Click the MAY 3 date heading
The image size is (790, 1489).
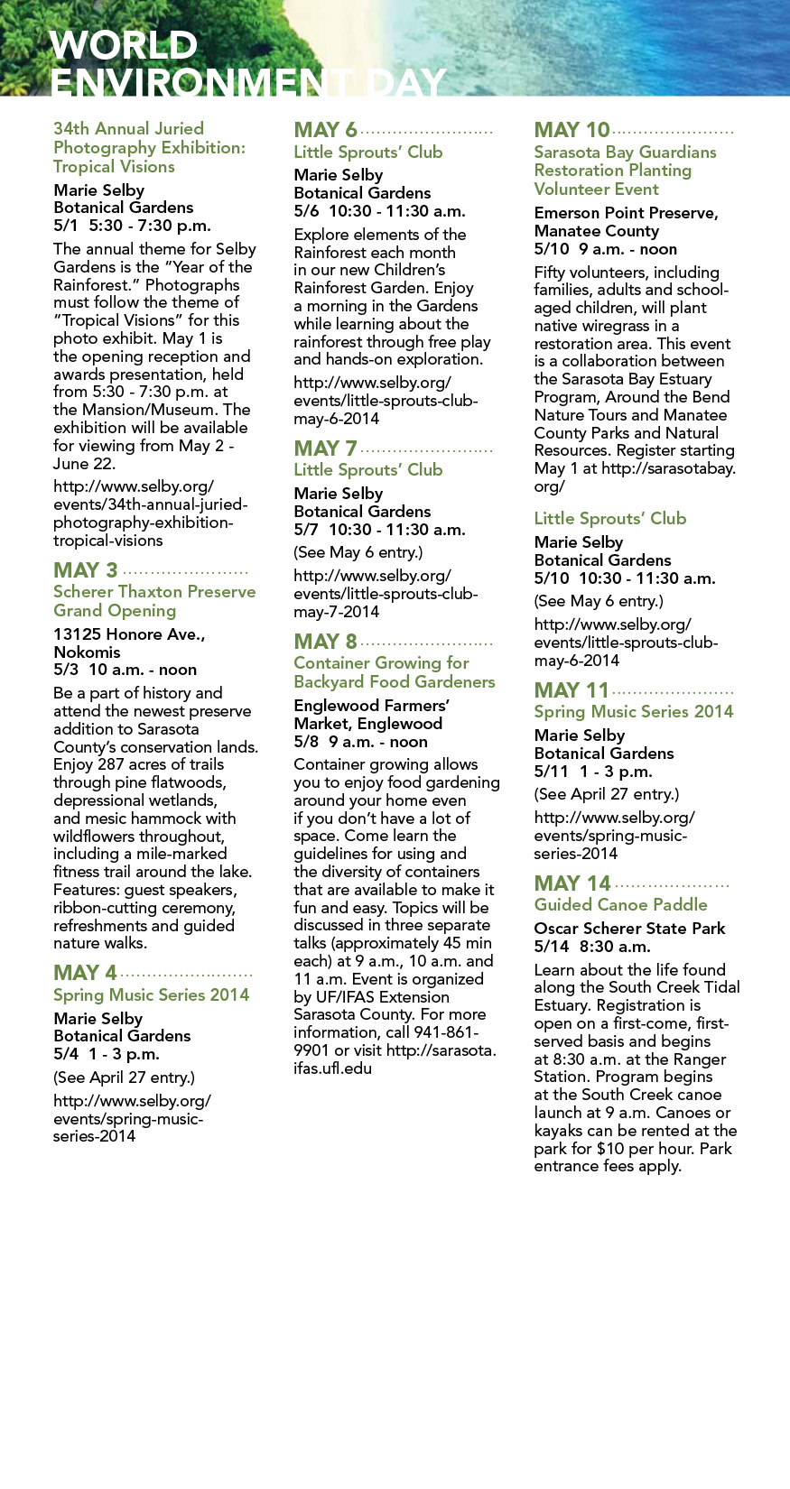click(x=86, y=570)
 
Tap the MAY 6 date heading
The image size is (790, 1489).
click(x=326, y=130)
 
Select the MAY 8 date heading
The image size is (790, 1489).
click(x=326, y=642)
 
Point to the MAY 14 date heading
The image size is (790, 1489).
click(x=572, y=883)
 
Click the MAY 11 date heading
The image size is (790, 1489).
click(x=572, y=690)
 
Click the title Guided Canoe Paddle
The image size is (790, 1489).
click(x=620, y=904)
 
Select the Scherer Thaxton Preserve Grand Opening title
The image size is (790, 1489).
click(x=154, y=601)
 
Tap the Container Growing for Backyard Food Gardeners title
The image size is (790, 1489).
click(x=394, y=672)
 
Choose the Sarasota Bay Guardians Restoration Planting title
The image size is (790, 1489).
click(x=625, y=170)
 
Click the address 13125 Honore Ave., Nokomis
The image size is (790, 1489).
click(x=129, y=643)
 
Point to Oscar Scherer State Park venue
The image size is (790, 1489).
click(x=629, y=928)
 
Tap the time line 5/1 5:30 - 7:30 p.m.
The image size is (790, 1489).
click(x=132, y=226)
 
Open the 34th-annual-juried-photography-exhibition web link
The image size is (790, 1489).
click(x=150, y=513)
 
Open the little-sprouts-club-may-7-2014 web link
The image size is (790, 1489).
click(x=386, y=593)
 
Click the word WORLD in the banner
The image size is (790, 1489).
click(x=124, y=45)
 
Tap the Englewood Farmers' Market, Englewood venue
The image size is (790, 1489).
click(x=371, y=714)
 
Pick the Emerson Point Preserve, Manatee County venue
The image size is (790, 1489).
click(x=626, y=221)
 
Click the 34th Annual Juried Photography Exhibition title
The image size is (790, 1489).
click(x=149, y=147)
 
